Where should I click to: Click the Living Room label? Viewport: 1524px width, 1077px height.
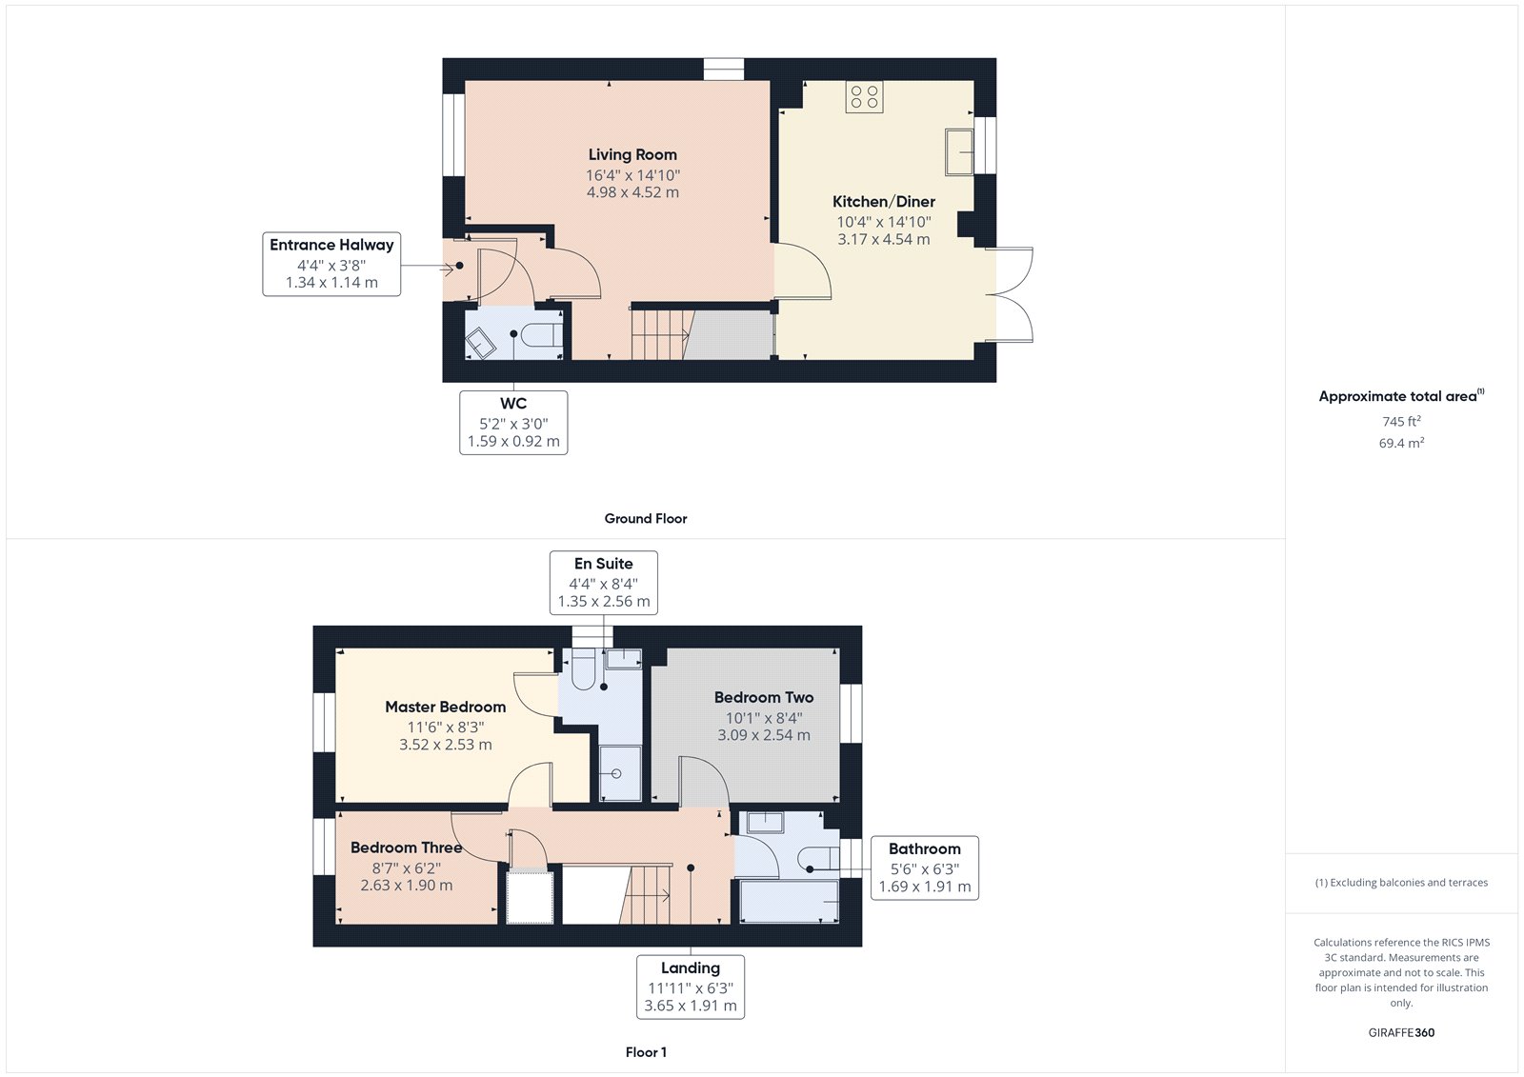(x=632, y=154)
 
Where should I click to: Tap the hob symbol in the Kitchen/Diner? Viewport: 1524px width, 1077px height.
(x=864, y=97)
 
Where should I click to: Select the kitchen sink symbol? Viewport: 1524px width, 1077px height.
(x=959, y=152)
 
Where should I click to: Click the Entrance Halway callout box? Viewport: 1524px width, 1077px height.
(x=331, y=264)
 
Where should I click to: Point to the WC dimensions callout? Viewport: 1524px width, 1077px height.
(x=513, y=423)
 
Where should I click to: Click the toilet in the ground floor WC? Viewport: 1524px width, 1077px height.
(x=539, y=335)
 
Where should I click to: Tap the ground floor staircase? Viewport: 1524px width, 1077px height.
(x=660, y=333)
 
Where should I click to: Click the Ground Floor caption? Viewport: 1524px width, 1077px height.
(x=645, y=518)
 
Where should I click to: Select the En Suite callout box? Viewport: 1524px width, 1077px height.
(x=604, y=583)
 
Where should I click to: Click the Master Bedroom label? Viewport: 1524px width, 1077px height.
(x=445, y=707)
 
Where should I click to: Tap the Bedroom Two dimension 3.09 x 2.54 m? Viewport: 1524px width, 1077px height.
(x=764, y=735)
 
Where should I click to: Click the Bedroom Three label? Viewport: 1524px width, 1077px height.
(x=406, y=848)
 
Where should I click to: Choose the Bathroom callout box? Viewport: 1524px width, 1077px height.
(x=924, y=867)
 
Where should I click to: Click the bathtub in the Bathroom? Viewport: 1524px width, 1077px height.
(x=789, y=901)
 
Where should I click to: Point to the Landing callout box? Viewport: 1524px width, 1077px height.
(x=691, y=987)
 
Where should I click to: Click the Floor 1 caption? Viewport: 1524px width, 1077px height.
(x=646, y=1052)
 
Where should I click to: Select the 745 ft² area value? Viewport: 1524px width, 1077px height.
(x=1401, y=421)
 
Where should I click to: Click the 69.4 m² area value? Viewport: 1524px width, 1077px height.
(x=1401, y=443)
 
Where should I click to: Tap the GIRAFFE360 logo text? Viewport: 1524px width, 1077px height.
(x=1401, y=1032)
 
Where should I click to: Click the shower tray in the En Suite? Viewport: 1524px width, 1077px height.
(x=620, y=772)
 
